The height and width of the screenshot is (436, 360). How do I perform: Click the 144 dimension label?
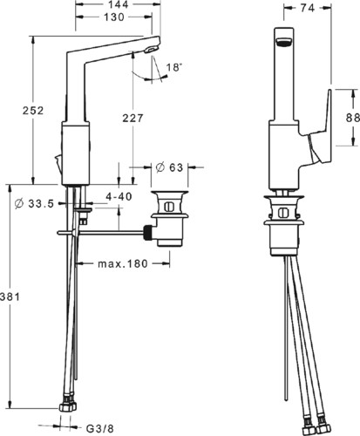pyautogui.click(x=119, y=5)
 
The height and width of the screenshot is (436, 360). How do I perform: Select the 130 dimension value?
pyautogui.click(x=114, y=17)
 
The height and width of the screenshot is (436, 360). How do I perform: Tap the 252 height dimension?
pyautogui.click(x=33, y=111)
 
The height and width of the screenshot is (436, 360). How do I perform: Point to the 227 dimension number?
pyautogui.click(x=132, y=119)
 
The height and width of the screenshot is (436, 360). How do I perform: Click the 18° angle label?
pyautogui.click(x=174, y=68)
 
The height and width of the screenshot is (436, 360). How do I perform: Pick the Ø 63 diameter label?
pyautogui.click(x=169, y=167)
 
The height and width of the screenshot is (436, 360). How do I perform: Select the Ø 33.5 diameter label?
pyautogui.click(x=34, y=204)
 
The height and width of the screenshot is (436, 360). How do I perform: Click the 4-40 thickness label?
pyautogui.click(x=119, y=197)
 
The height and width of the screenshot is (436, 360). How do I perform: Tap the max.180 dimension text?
pyautogui.click(x=123, y=264)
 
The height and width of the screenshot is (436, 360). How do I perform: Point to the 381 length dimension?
pyautogui.click(x=10, y=296)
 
